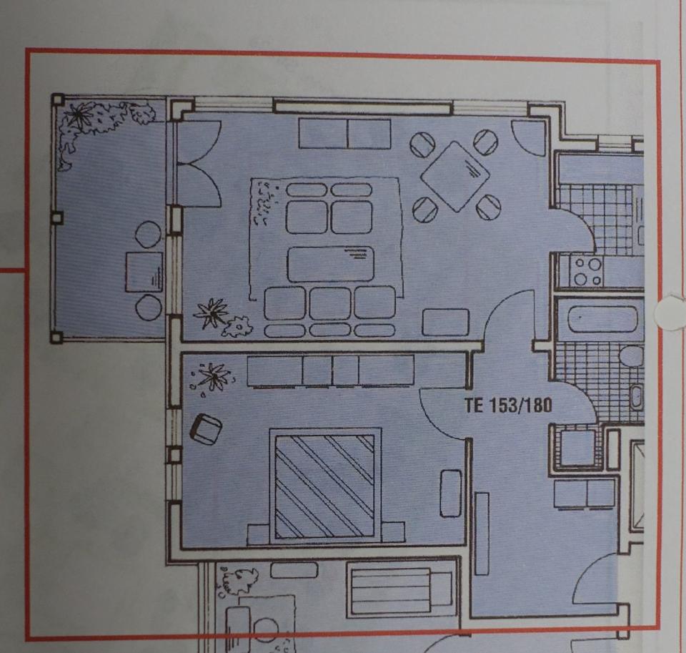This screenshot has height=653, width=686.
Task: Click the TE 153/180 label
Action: [508, 406]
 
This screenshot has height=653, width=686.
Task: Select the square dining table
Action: [455, 176]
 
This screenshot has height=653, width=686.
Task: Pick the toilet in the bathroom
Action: [631, 355]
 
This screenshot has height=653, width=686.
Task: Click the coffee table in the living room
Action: [331, 264]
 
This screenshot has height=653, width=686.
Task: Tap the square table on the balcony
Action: [144, 272]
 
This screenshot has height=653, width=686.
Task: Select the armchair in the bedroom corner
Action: [206, 429]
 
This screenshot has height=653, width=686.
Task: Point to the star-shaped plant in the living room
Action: [212, 313]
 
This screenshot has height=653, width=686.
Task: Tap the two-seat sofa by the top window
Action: [344, 134]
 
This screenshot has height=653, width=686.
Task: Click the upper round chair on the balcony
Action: [149, 235]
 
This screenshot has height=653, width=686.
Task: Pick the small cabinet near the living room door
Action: [445, 322]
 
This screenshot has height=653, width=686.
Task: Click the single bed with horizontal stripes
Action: [399, 589]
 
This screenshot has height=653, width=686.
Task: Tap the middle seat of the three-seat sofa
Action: [330, 303]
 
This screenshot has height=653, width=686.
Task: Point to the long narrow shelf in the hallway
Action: [482, 533]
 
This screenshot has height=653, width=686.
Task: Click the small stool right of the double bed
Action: [450, 493]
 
